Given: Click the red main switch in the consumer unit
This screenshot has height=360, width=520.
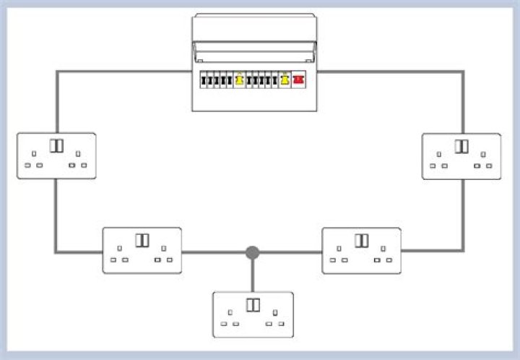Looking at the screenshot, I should pos(298,81).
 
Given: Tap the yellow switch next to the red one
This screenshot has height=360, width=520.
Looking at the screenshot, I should pos(285,81).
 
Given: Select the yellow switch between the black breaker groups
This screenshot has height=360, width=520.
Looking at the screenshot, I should pos(239,81).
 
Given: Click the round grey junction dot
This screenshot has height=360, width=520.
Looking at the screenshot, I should pos(252,252).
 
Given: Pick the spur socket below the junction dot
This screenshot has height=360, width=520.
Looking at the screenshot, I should pos(253,314).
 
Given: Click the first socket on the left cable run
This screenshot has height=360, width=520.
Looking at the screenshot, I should pos(56,155).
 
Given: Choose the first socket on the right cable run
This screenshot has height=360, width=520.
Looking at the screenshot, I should pos(461,156).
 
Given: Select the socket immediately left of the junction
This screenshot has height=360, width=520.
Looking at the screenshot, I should pos(142,250).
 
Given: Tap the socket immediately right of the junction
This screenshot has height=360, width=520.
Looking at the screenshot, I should pos(361,250).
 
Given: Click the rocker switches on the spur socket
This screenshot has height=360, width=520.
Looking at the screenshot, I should pos(253,304).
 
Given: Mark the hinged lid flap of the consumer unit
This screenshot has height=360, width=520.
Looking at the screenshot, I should pos(254,51).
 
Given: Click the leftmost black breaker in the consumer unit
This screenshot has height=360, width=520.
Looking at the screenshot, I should pos(204,81).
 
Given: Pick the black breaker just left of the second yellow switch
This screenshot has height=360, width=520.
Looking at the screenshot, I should pos(275,81).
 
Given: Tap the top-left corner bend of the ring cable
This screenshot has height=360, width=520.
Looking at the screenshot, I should pos(57,72).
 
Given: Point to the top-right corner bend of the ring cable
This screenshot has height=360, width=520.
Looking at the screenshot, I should pos(462,72).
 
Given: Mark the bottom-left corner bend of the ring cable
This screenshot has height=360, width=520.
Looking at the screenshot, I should pos(56,252).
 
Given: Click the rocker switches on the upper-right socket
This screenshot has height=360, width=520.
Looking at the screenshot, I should pos(461,146).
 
